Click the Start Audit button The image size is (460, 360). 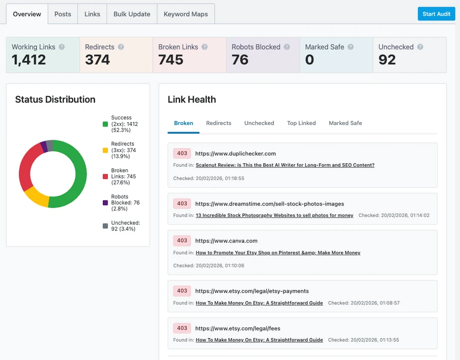436,14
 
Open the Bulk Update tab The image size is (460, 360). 132,14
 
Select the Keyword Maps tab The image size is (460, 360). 186,14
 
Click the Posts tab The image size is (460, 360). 63,14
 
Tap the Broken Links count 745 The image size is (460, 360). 170,60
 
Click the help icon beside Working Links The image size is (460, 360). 62,47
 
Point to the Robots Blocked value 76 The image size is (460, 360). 240,60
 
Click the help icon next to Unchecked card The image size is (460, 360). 420,47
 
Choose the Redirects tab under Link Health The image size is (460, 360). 218,123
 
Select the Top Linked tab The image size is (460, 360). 301,123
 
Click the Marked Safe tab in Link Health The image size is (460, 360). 345,123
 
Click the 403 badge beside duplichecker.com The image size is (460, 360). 182,153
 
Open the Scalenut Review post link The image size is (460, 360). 285,165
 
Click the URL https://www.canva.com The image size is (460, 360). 226,241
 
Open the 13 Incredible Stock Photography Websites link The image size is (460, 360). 274,215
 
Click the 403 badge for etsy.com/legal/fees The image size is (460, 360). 182,328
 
